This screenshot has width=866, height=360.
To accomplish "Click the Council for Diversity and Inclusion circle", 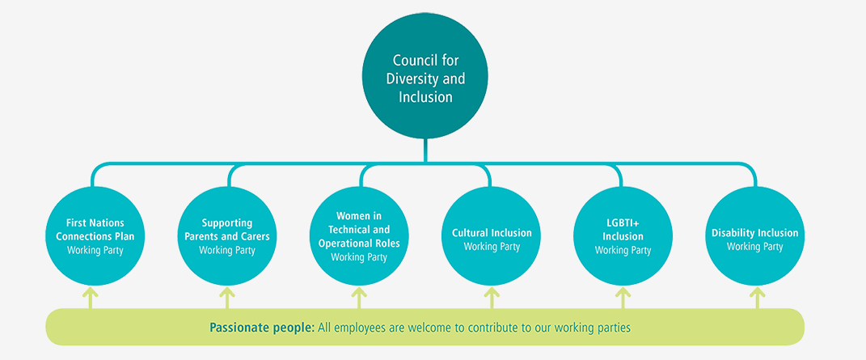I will (425, 78).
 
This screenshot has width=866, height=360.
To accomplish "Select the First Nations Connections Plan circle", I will (95, 235).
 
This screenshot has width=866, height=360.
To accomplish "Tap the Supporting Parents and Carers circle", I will (226, 235).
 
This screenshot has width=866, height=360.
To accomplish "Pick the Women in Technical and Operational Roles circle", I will (359, 235).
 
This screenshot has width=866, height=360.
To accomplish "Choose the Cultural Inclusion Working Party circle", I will (492, 235).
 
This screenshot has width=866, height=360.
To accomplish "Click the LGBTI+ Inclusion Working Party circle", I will (623, 235).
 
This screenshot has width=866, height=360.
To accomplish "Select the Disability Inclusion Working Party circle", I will (755, 235).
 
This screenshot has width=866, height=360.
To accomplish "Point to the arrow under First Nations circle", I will (90, 296).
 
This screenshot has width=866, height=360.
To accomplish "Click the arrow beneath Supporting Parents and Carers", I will (226, 296).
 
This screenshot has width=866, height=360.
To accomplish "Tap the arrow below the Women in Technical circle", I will (359, 296).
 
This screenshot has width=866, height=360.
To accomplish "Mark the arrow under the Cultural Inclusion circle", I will (492, 296).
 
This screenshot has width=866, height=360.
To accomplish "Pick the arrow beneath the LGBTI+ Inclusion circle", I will (623, 296).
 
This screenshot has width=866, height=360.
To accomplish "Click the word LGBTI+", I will (623, 222).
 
